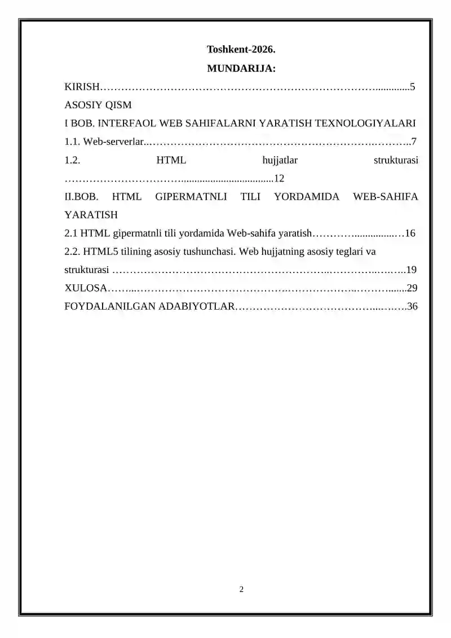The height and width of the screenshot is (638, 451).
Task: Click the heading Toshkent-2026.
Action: pos(241,50)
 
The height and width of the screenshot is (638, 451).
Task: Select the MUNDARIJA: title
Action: pos(241,69)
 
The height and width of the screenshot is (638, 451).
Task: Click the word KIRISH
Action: pos(82,87)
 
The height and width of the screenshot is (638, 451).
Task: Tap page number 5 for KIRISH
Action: pos(413,87)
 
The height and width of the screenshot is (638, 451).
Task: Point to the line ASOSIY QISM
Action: pos(98,105)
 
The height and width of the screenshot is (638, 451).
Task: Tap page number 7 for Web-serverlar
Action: pos(414,142)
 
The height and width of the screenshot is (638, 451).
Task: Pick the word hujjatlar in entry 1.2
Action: pos(280,160)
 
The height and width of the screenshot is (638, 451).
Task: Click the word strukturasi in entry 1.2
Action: pos(396,160)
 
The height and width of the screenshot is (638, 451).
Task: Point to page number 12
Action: pos(278,178)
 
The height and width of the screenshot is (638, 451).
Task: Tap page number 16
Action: pos(410,233)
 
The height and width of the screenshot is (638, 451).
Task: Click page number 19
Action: pos(412,270)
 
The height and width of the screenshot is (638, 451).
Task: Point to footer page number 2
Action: pos(241,589)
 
